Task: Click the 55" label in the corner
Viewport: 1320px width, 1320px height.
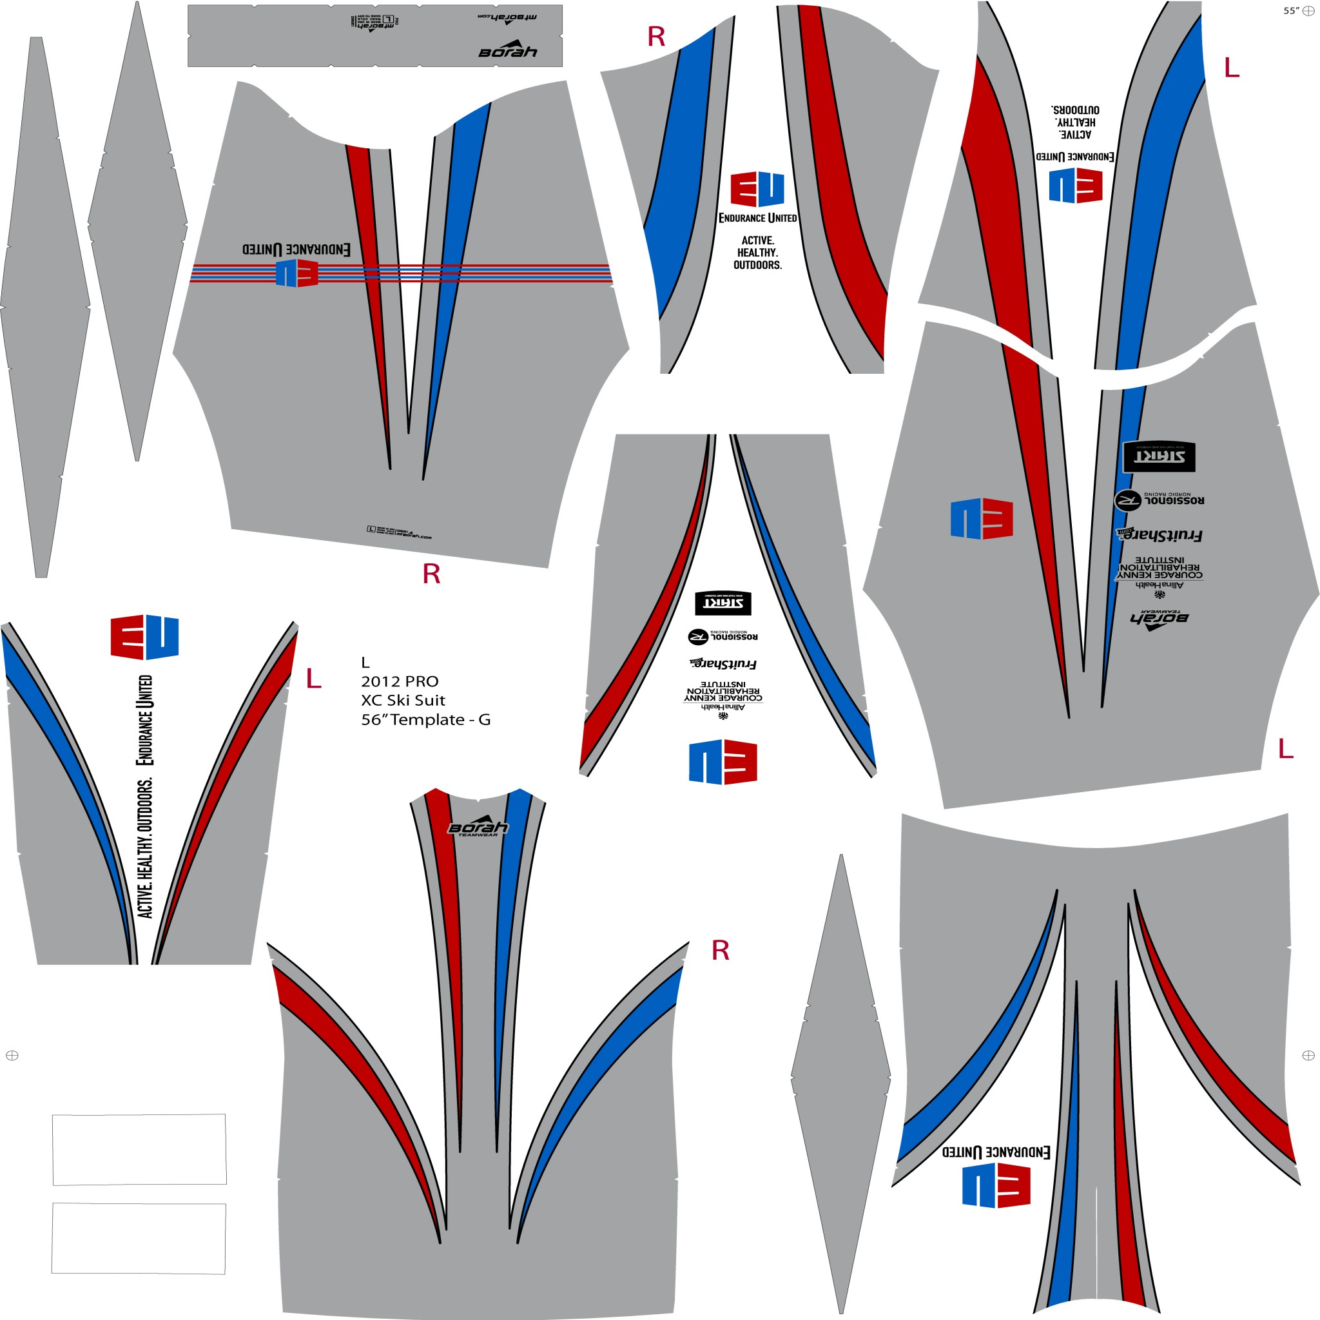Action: [x=1290, y=11]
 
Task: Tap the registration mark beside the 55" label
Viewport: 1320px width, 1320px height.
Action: [x=1308, y=11]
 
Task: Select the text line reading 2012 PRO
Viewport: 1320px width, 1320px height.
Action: [x=400, y=681]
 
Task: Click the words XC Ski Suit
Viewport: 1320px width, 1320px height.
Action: [x=403, y=701]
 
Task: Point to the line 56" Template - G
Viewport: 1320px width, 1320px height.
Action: [x=425, y=719]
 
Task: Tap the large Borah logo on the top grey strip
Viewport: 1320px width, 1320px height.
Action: [x=508, y=52]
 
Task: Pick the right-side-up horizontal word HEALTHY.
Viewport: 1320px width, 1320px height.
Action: [x=757, y=253]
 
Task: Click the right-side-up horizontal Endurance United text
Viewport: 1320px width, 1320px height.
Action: [x=757, y=218]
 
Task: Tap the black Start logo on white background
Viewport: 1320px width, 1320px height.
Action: [x=723, y=603]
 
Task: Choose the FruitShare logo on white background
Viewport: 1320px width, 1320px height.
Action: [x=723, y=663]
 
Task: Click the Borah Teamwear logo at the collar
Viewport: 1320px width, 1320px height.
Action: [x=478, y=828]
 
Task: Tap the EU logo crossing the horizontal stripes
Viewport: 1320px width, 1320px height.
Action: [x=296, y=273]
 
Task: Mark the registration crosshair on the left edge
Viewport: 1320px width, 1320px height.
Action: [x=12, y=1056]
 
